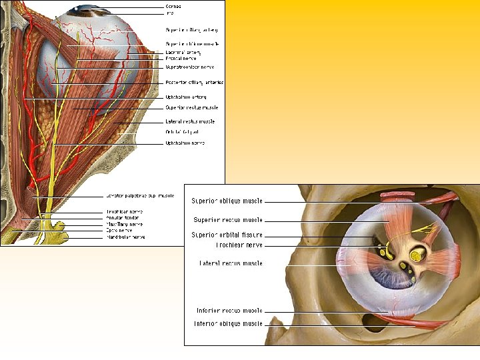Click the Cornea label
point(173,6)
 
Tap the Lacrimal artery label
point(183,52)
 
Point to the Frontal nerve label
point(181,59)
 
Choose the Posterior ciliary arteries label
point(194,82)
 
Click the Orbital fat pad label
point(181,132)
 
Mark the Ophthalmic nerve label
point(185,143)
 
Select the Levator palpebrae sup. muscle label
point(139,196)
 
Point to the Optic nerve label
point(119,230)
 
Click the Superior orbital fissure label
point(227,235)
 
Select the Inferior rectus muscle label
point(229,311)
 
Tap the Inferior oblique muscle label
point(228,324)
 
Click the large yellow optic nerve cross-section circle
point(415,255)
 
